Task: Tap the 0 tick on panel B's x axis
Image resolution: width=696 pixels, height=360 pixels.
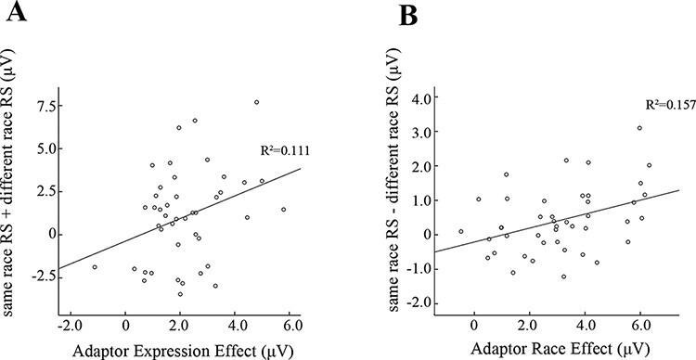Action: (475, 325)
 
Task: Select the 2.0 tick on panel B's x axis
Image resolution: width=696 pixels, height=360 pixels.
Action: (530, 325)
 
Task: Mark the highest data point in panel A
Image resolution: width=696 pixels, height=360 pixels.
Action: (256, 102)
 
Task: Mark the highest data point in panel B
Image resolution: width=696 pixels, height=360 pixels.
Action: (639, 128)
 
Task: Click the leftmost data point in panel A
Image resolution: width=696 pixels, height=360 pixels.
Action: (95, 267)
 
